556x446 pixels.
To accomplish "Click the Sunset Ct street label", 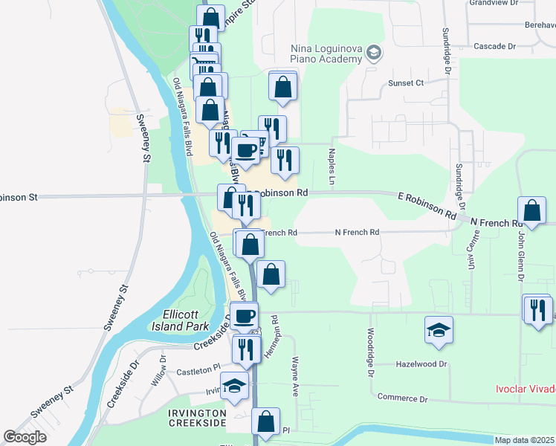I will [405, 83].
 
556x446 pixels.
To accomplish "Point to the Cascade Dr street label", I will [494, 46].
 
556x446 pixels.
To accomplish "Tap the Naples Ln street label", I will [332, 167].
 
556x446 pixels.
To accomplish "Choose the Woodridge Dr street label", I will [369, 355].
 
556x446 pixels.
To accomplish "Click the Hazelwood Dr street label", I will [421, 364].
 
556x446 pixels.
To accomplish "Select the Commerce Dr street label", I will [402, 398].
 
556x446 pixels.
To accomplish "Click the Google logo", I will [25, 436].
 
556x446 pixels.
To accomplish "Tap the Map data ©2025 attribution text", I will [525, 440].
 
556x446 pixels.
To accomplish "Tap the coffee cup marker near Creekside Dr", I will [243, 316].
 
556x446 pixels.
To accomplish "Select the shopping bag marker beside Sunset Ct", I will [282, 86].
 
